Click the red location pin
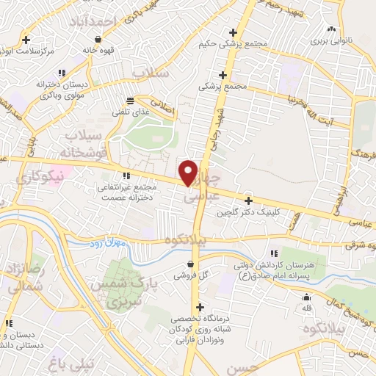189,173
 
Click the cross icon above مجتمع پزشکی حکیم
234,32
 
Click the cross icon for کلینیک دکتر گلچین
249,200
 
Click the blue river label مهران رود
113,242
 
